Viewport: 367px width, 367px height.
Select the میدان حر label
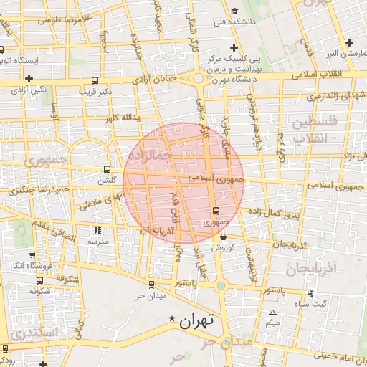(151, 295)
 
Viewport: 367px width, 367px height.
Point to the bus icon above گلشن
(107, 170)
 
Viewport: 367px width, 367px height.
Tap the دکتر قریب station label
(97, 92)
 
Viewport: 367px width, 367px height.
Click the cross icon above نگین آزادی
(29, 78)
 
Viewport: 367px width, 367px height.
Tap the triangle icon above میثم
(272, 313)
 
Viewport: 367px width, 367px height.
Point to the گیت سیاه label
(313, 303)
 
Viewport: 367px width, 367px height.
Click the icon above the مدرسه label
(97, 231)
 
